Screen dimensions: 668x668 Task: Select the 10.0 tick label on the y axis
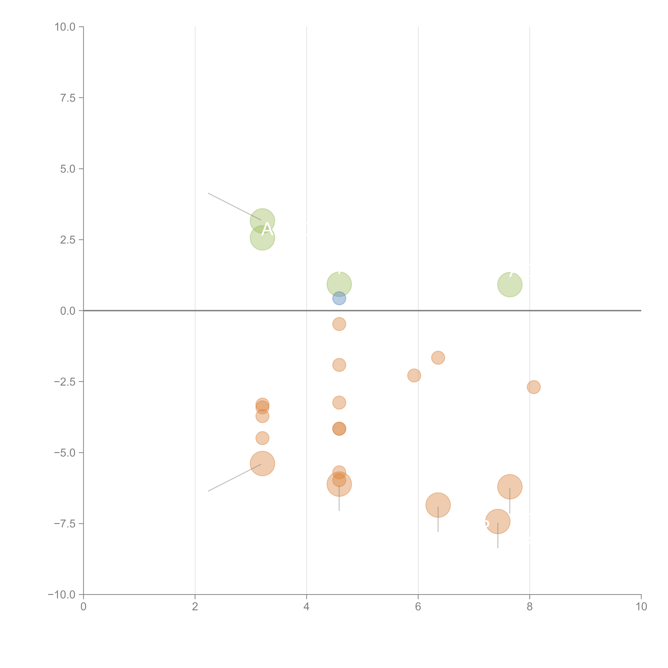[65, 27]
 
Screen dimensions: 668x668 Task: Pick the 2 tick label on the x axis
[195, 607]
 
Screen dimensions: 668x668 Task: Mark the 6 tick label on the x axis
[418, 607]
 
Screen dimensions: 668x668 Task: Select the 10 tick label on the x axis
[641, 607]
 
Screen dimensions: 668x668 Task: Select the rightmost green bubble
[510, 285]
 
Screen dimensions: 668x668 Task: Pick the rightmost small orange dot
[533, 387]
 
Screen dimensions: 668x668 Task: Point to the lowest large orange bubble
[498, 521]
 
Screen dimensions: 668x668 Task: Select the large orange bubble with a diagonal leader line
[262, 464]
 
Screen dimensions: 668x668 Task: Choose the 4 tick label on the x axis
[306, 607]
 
